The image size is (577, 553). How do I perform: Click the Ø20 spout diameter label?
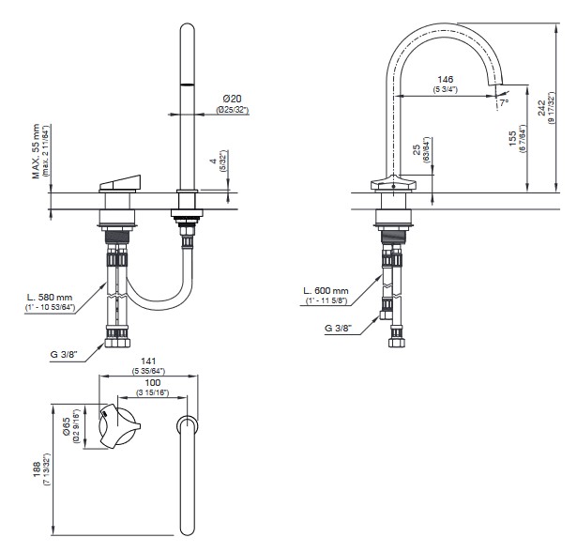point(232,99)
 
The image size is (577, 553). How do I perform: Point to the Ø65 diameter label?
point(76,419)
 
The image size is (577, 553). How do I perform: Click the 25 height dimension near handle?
point(415,150)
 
